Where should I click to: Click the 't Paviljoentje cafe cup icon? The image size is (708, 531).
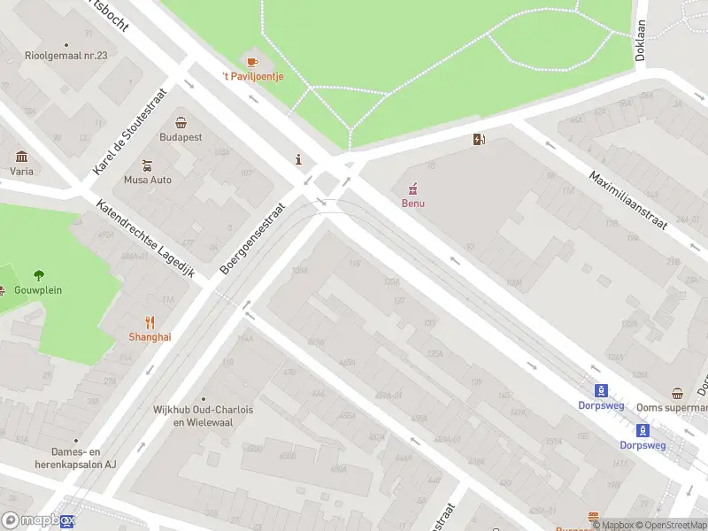tap(251, 62)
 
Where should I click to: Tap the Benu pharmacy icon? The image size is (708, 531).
tap(412, 189)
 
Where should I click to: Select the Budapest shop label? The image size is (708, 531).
tap(181, 137)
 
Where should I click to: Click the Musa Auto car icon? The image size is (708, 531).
tap(148, 165)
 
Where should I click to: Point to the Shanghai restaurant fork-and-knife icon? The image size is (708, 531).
tap(150, 322)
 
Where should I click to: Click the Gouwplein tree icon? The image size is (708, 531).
tap(38, 275)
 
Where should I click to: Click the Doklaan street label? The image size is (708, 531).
tap(640, 40)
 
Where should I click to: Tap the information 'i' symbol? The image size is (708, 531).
tap(299, 160)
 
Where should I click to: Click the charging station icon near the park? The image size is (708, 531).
tap(479, 139)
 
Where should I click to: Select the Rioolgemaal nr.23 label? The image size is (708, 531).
tap(66, 55)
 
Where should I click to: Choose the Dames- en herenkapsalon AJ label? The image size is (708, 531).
tap(74, 458)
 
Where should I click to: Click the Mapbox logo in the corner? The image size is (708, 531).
tap(38, 521)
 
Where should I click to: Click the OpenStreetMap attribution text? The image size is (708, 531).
tap(669, 526)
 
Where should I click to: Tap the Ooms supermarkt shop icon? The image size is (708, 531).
tap(678, 394)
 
